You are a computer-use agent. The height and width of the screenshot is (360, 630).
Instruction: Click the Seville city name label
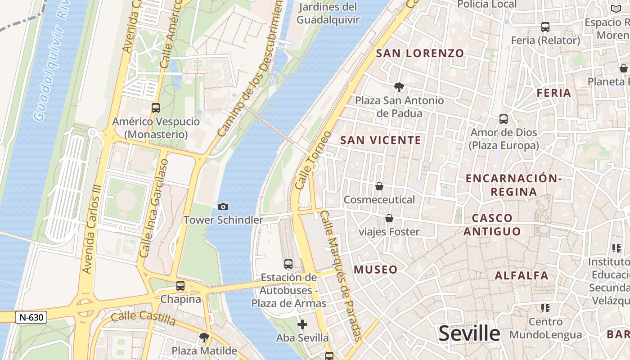click(x=469, y=333)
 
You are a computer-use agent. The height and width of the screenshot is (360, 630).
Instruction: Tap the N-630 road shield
click(x=31, y=317)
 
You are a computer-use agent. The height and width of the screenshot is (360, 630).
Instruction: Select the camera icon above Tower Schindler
click(x=223, y=207)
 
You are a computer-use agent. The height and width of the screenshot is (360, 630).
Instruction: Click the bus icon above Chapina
click(x=180, y=285)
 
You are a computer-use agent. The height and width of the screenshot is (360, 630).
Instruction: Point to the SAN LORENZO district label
click(x=420, y=53)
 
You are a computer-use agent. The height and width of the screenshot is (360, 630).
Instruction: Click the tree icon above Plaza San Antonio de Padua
click(x=399, y=87)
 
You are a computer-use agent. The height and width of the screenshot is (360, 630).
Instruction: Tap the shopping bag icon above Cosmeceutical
click(x=379, y=186)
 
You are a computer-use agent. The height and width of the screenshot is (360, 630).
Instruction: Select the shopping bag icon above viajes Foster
click(x=389, y=218)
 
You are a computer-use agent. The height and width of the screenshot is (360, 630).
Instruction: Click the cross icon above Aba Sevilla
click(x=302, y=324)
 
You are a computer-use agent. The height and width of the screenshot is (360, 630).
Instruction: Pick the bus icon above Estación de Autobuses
click(x=288, y=264)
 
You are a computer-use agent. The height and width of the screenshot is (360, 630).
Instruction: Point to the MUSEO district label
click(x=375, y=270)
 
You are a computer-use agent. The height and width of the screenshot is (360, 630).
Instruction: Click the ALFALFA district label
click(x=522, y=275)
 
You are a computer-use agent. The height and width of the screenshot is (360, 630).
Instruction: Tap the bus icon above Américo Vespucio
click(x=156, y=108)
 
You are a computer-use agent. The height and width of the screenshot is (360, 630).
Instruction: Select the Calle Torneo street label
click(x=313, y=160)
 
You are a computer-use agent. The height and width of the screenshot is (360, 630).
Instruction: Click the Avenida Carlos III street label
click(x=91, y=229)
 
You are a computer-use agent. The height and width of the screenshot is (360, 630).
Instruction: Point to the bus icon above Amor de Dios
click(x=504, y=119)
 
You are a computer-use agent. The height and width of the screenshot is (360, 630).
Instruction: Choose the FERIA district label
click(x=554, y=93)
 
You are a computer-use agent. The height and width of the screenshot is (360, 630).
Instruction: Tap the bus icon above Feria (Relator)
click(x=545, y=27)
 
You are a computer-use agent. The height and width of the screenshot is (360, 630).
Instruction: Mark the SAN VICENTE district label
click(x=380, y=140)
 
